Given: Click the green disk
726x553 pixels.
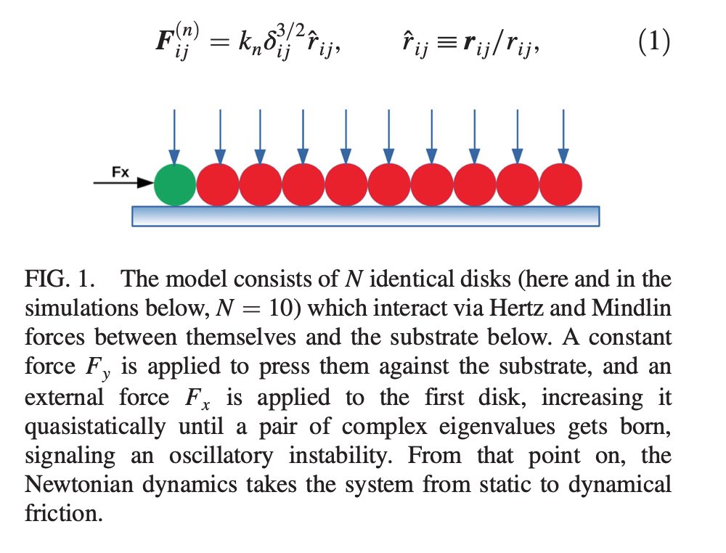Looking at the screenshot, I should coord(175,184).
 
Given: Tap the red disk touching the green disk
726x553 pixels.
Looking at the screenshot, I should coord(218,184).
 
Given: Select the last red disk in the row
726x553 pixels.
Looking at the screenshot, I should coord(561,184).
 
